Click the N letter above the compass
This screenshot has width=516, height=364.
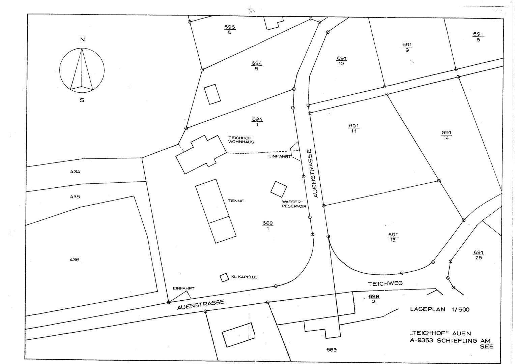pyautogui.click(x=82, y=39)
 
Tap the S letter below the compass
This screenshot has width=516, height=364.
pyautogui.click(x=82, y=100)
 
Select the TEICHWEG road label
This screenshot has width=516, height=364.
pyautogui.click(x=385, y=283)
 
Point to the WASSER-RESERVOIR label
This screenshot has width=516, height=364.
pyautogui.click(x=294, y=204)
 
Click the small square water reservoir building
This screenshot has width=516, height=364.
pyautogui.click(x=279, y=189)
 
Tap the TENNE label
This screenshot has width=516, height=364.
pyautogui.click(x=236, y=201)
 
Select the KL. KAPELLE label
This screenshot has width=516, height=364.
pyautogui.click(x=244, y=277)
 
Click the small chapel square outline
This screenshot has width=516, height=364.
pyautogui.click(x=224, y=278)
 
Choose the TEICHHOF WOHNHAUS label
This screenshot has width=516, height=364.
pyautogui.click(x=241, y=140)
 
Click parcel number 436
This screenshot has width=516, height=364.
pyautogui.click(x=75, y=260)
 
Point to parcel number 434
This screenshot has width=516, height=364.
pyautogui.click(x=75, y=172)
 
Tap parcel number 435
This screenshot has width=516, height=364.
pyautogui.click(x=75, y=196)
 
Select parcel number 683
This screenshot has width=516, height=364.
pyautogui.click(x=332, y=350)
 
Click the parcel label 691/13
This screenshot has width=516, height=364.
pyautogui.click(x=393, y=237)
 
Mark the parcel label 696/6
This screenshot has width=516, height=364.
pyautogui.click(x=230, y=29)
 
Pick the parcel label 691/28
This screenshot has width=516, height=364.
pyautogui.click(x=479, y=255)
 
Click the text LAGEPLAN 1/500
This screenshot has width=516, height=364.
pyautogui.click(x=439, y=309)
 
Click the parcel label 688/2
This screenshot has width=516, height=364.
pyautogui.click(x=374, y=299)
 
